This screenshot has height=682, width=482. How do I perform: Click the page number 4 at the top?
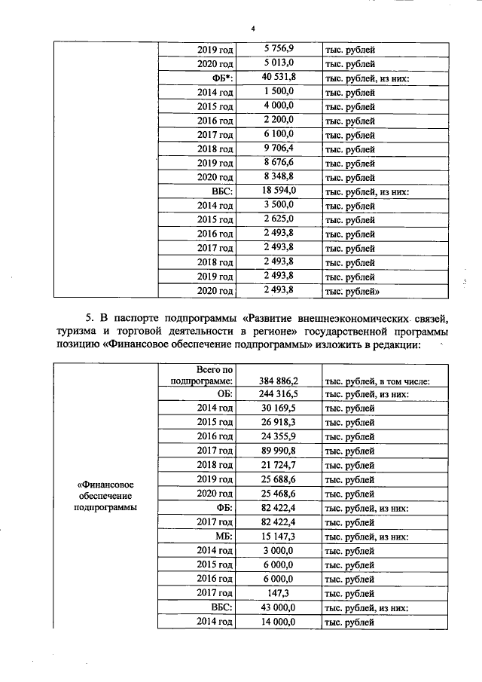click(253, 28)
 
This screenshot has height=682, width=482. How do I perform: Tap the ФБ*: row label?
click(219, 78)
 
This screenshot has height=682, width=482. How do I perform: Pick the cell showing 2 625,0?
click(279, 219)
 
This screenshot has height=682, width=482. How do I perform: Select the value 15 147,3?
click(279, 537)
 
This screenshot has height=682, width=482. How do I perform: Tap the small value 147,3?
click(284, 593)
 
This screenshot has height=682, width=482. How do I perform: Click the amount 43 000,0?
click(279, 607)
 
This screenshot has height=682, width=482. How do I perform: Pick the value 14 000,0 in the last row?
click(279, 622)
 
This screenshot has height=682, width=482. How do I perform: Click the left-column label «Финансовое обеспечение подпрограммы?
click(106, 494)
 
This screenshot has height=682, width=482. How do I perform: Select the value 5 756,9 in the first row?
click(279, 49)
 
